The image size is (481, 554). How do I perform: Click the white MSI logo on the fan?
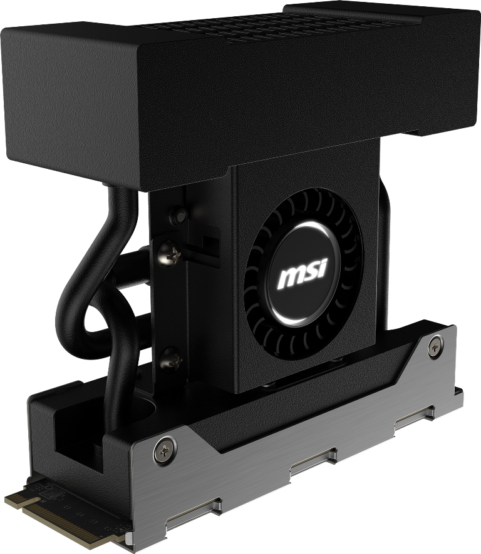(303, 273)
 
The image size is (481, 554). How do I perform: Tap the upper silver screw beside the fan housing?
(169, 253)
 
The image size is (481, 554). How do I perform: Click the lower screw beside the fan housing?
(171, 359)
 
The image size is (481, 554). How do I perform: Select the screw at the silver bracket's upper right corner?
(435, 346)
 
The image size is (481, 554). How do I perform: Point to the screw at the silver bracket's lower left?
(165, 450)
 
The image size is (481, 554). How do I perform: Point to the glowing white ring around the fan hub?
(303, 273)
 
